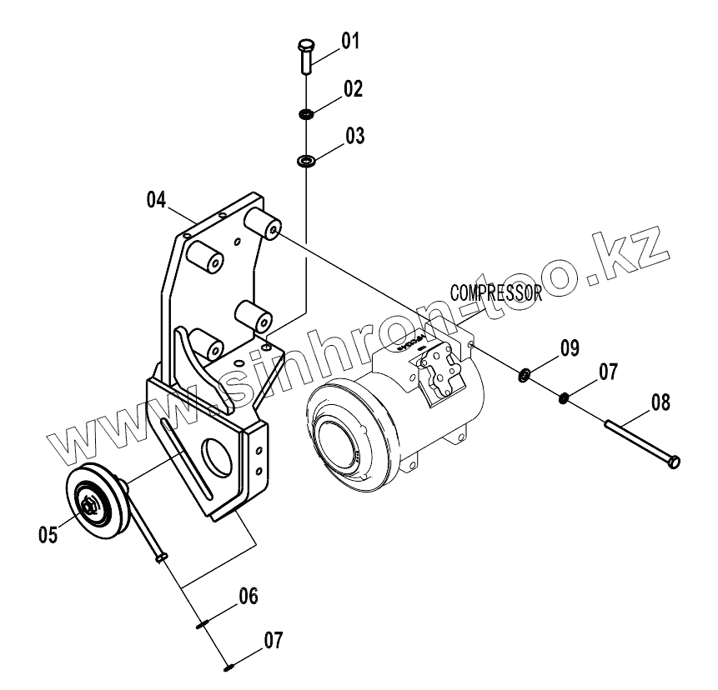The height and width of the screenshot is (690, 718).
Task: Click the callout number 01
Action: point(349,40)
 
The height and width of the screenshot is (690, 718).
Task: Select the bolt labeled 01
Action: point(304,57)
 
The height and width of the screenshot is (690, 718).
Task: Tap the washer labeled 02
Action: point(306,112)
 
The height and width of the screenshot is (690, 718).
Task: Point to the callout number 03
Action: point(355,136)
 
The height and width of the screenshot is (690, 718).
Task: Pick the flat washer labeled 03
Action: point(306,160)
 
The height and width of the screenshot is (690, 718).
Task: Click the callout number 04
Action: point(157,200)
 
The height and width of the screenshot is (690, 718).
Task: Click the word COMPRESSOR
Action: point(496,292)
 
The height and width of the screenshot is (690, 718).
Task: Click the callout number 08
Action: point(660,404)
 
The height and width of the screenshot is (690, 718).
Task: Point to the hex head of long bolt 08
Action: point(675,460)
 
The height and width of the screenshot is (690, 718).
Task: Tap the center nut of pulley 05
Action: point(89,503)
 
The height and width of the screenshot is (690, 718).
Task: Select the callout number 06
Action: point(249,596)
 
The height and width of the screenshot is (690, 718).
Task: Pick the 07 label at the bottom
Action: point(274,641)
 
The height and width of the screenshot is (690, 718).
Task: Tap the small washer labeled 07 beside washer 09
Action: point(565,396)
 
